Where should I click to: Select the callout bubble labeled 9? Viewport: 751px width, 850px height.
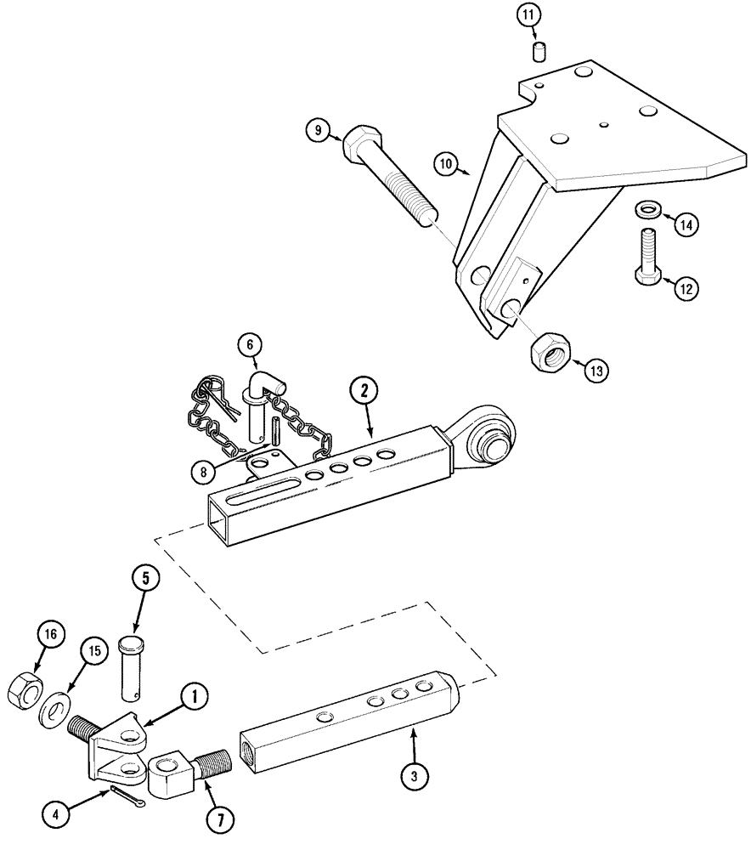[319, 130]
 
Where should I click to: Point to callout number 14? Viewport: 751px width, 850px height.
[687, 224]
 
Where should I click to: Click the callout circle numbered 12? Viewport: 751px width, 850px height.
[686, 289]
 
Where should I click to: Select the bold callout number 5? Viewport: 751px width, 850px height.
[144, 577]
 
